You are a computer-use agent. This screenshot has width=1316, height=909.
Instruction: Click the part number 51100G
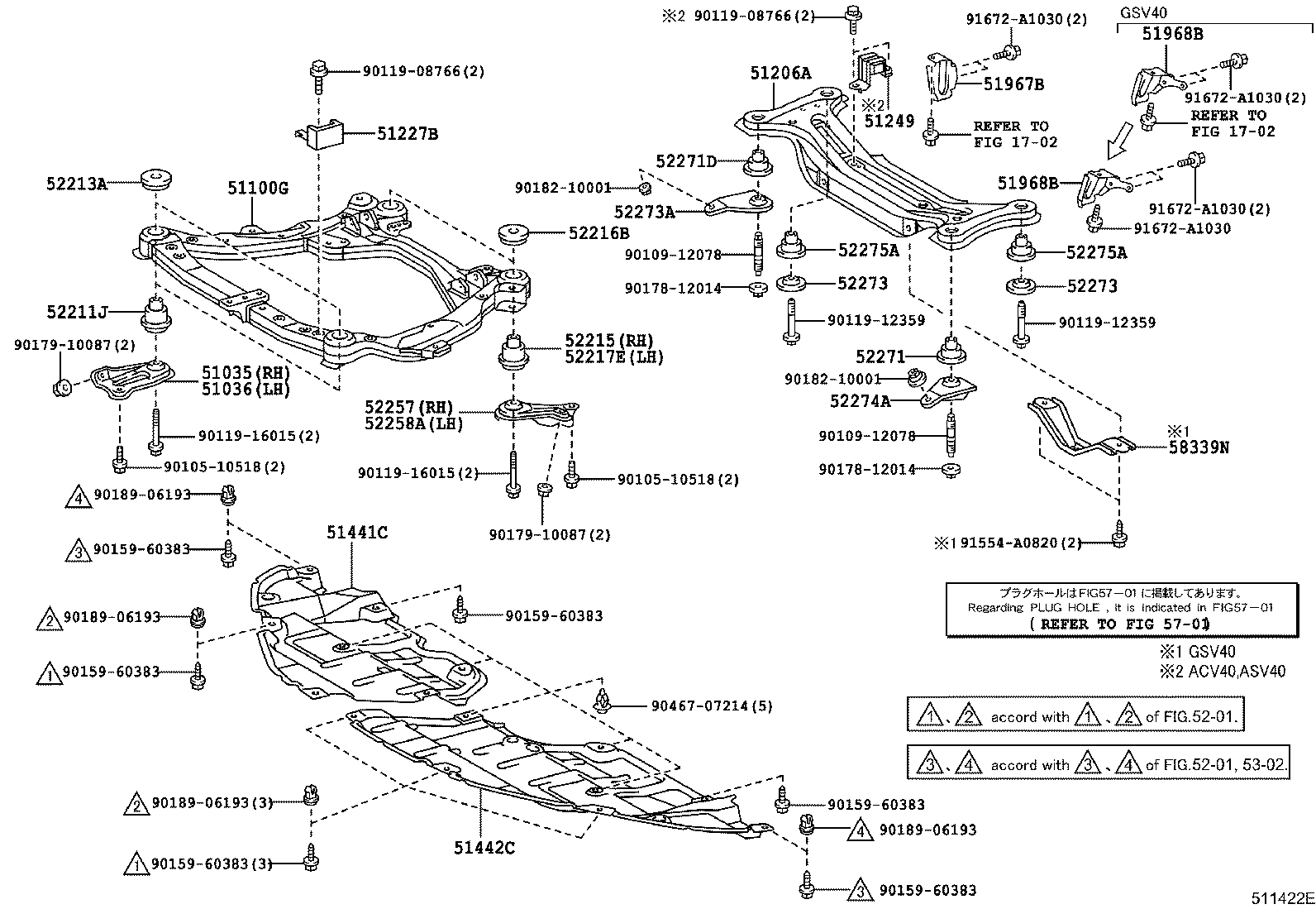click(x=258, y=189)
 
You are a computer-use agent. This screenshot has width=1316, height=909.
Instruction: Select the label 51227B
click(x=408, y=133)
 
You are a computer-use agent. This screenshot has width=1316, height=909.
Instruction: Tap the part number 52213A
click(x=76, y=184)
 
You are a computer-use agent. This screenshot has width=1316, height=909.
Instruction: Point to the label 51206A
click(x=780, y=74)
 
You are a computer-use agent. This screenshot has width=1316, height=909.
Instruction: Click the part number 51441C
click(x=356, y=533)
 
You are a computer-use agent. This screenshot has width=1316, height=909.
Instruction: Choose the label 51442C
click(x=484, y=848)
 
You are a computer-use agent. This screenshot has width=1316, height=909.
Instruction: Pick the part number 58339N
click(x=1199, y=447)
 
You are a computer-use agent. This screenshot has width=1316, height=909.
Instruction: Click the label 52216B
click(x=598, y=233)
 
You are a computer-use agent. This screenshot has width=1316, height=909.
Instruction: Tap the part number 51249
click(x=889, y=121)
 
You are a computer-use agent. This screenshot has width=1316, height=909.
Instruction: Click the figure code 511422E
click(x=1281, y=898)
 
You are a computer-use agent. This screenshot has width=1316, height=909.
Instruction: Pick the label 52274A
click(x=861, y=401)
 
